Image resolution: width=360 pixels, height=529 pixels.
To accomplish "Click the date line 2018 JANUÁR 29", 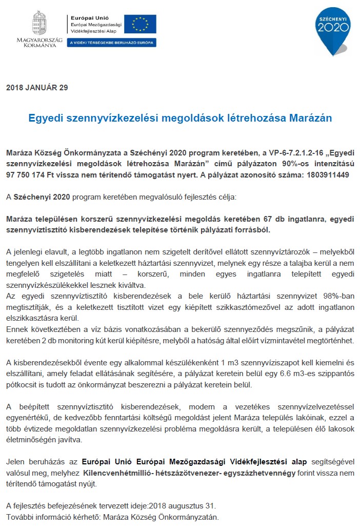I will (x=37, y=87).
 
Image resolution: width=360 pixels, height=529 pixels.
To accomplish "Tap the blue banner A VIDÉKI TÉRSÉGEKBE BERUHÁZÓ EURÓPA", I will (x=112, y=42).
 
